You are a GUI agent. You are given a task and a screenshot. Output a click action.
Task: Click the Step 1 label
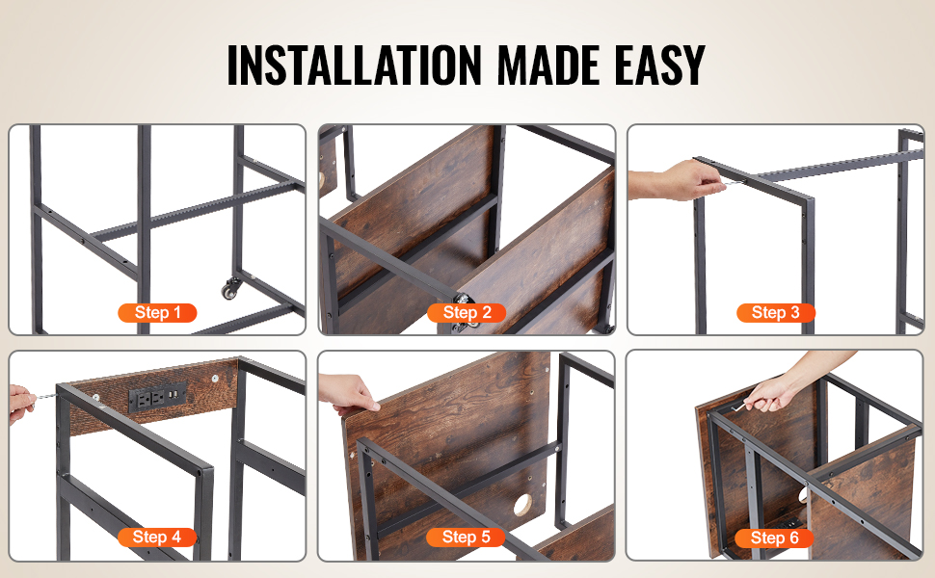pos(157,313)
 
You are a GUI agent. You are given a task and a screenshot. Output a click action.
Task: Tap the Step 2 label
pos(467,313)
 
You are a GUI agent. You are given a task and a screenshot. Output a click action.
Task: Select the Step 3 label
pos(776,313)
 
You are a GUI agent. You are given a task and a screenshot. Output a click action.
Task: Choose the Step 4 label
pos(157,538)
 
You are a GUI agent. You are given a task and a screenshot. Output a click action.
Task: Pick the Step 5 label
pos(467,538)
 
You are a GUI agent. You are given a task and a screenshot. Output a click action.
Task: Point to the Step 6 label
pos(775,539)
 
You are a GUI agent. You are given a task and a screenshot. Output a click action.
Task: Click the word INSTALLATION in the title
pos(354,65)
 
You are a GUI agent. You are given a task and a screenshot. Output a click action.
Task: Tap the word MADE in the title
pos(548,65)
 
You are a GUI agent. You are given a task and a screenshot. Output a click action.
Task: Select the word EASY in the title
pos(660,65)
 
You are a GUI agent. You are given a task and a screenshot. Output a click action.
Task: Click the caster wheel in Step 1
pos(231,289)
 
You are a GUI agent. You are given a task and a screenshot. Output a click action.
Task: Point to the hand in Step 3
pos(677,180)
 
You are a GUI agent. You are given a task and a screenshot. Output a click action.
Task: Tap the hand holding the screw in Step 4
pos(21,404)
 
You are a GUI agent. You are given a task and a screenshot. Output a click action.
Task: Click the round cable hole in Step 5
pos(523,505)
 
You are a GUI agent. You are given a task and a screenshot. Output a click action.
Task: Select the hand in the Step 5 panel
pos(349,394)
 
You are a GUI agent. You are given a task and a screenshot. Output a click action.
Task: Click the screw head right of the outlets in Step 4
pos(214,378)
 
